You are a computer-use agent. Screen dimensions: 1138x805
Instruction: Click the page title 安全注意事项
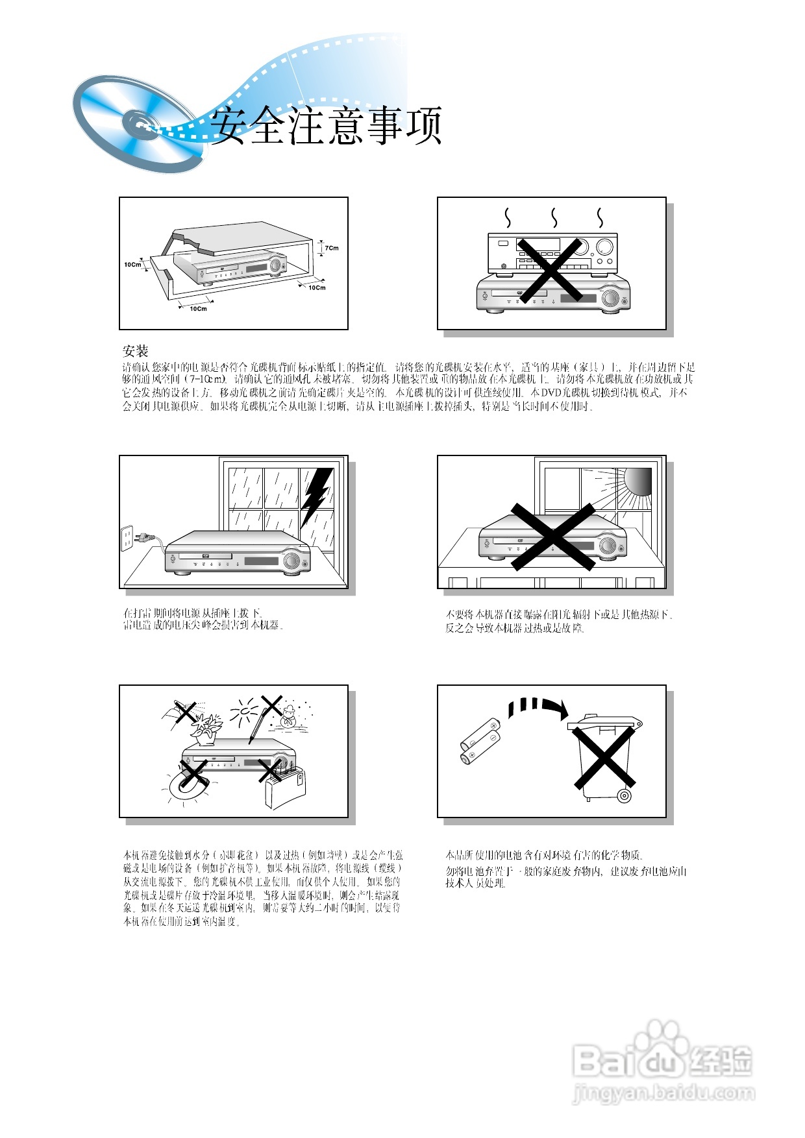pos(327,125)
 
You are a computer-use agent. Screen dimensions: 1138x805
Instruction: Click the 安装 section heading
pos(136,351)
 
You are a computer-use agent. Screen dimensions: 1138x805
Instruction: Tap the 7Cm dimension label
pos(332,248)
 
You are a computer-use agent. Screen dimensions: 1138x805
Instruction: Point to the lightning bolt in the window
pos(316,495)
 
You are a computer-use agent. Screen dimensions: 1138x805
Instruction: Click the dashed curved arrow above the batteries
pos(536,707)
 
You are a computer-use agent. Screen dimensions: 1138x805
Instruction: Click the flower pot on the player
pos(206,730)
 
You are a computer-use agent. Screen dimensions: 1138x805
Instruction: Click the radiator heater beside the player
pos(284,788)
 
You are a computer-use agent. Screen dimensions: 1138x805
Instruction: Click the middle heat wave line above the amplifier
pos(554,218)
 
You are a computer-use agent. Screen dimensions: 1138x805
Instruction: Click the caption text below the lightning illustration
pos(203,619)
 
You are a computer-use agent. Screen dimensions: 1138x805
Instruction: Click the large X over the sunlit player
pos(553,537)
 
